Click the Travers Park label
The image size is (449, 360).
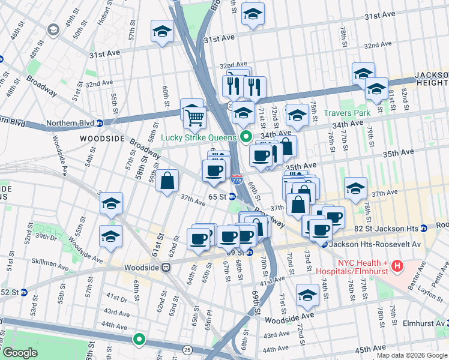348,113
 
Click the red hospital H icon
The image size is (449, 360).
396,265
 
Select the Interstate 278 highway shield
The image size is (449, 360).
236,179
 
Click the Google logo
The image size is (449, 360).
20,353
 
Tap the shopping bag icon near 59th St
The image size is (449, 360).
167,181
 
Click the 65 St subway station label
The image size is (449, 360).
217,196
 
